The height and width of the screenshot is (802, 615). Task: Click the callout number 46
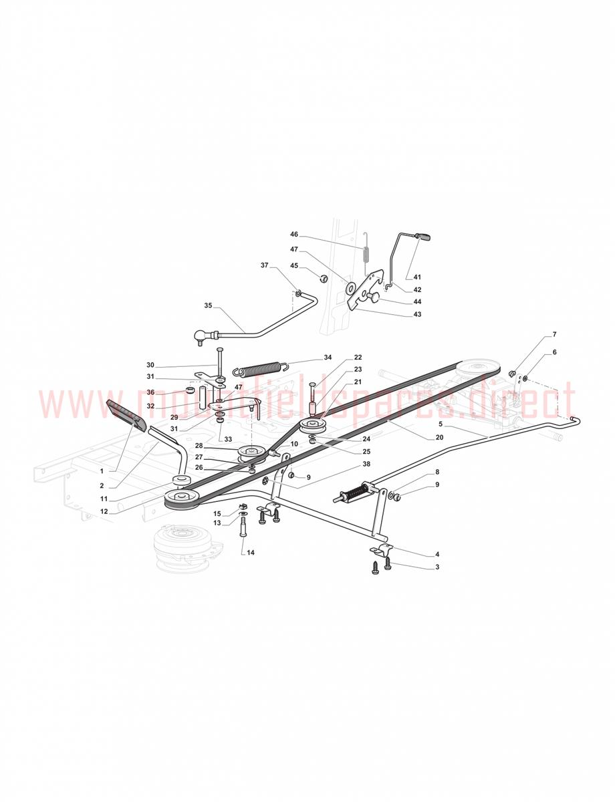coord(294,235)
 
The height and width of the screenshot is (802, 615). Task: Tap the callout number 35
coord(208,305)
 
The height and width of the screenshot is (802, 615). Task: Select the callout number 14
coord(251,553)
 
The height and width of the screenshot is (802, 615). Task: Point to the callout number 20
coord(439,437)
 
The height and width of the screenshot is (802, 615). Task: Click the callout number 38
coord(366,464)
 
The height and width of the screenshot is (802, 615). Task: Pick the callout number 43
coord(417,314)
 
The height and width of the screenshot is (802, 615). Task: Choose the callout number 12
coord(104,511)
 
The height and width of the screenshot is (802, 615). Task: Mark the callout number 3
coord(437,567)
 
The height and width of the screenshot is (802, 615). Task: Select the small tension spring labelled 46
coord(366,250)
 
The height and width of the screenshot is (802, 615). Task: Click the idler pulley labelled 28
coord(251,453)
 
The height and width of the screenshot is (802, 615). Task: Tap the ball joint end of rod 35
coord(199,336)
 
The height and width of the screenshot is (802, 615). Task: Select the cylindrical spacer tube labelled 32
coord(203,397)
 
